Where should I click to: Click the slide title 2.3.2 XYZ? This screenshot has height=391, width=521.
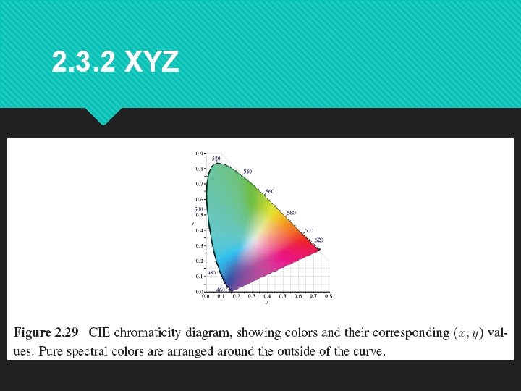[x=116, y=63]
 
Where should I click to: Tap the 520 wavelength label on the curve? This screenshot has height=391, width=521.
[x=216, y=159]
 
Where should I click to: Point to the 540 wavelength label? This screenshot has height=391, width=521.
[x=247, y=172]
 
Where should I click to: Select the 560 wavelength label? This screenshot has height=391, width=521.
[x=270, y=192]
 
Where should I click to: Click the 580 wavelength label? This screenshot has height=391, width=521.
[x=291, y=213]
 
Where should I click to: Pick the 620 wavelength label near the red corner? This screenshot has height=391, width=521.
[x=319, y=240]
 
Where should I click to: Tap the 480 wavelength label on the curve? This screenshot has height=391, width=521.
[x=211, y=273]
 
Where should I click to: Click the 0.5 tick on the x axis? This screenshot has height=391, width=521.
[x=283, y=296]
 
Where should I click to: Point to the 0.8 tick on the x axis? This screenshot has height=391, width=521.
[x=329, y=296]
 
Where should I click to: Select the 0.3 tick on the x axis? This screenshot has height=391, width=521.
[x=252, y=296]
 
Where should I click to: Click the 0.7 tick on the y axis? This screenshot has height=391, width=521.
[x=199, y=184]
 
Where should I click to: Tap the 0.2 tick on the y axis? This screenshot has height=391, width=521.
[x=199, y=261]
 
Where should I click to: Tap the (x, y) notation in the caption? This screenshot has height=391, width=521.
[x=468, y=333]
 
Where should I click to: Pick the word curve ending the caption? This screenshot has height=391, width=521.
[x=368, y=351]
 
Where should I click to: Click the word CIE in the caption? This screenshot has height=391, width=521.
[x=101, y=333]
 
